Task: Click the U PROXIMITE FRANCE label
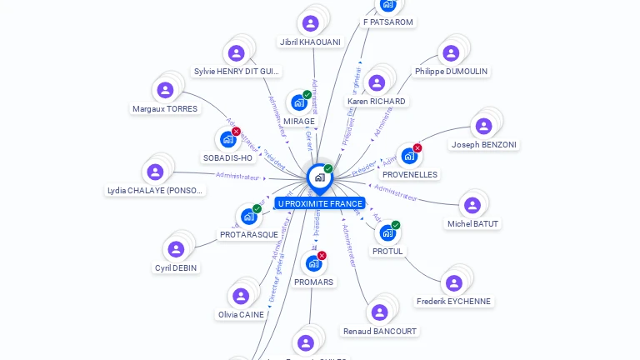coord(320,203)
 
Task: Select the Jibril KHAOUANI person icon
coord(311,23)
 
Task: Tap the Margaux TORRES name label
coord(165,108)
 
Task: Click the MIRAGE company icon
coord(298,102)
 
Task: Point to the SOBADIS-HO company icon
coord(227,139)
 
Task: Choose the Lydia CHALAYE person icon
coord(155,172)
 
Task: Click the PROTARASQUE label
coord(249,235)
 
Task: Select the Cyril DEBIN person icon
coord(176,249)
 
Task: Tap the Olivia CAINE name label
coord(241,315)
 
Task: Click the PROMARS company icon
coord(313,263)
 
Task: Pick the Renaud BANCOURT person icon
coord(379,312)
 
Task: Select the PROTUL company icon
coord(387,232)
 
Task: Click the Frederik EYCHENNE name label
coord(453,302)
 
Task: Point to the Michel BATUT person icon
coord(472,205)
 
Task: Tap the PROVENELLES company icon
coord(408,156)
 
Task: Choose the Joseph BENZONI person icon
coord(483,126)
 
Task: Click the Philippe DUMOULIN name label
coord(451,72)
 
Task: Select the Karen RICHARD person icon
coord(377,82)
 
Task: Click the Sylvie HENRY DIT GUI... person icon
coord(237,52)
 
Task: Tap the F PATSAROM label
coord(388,22)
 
